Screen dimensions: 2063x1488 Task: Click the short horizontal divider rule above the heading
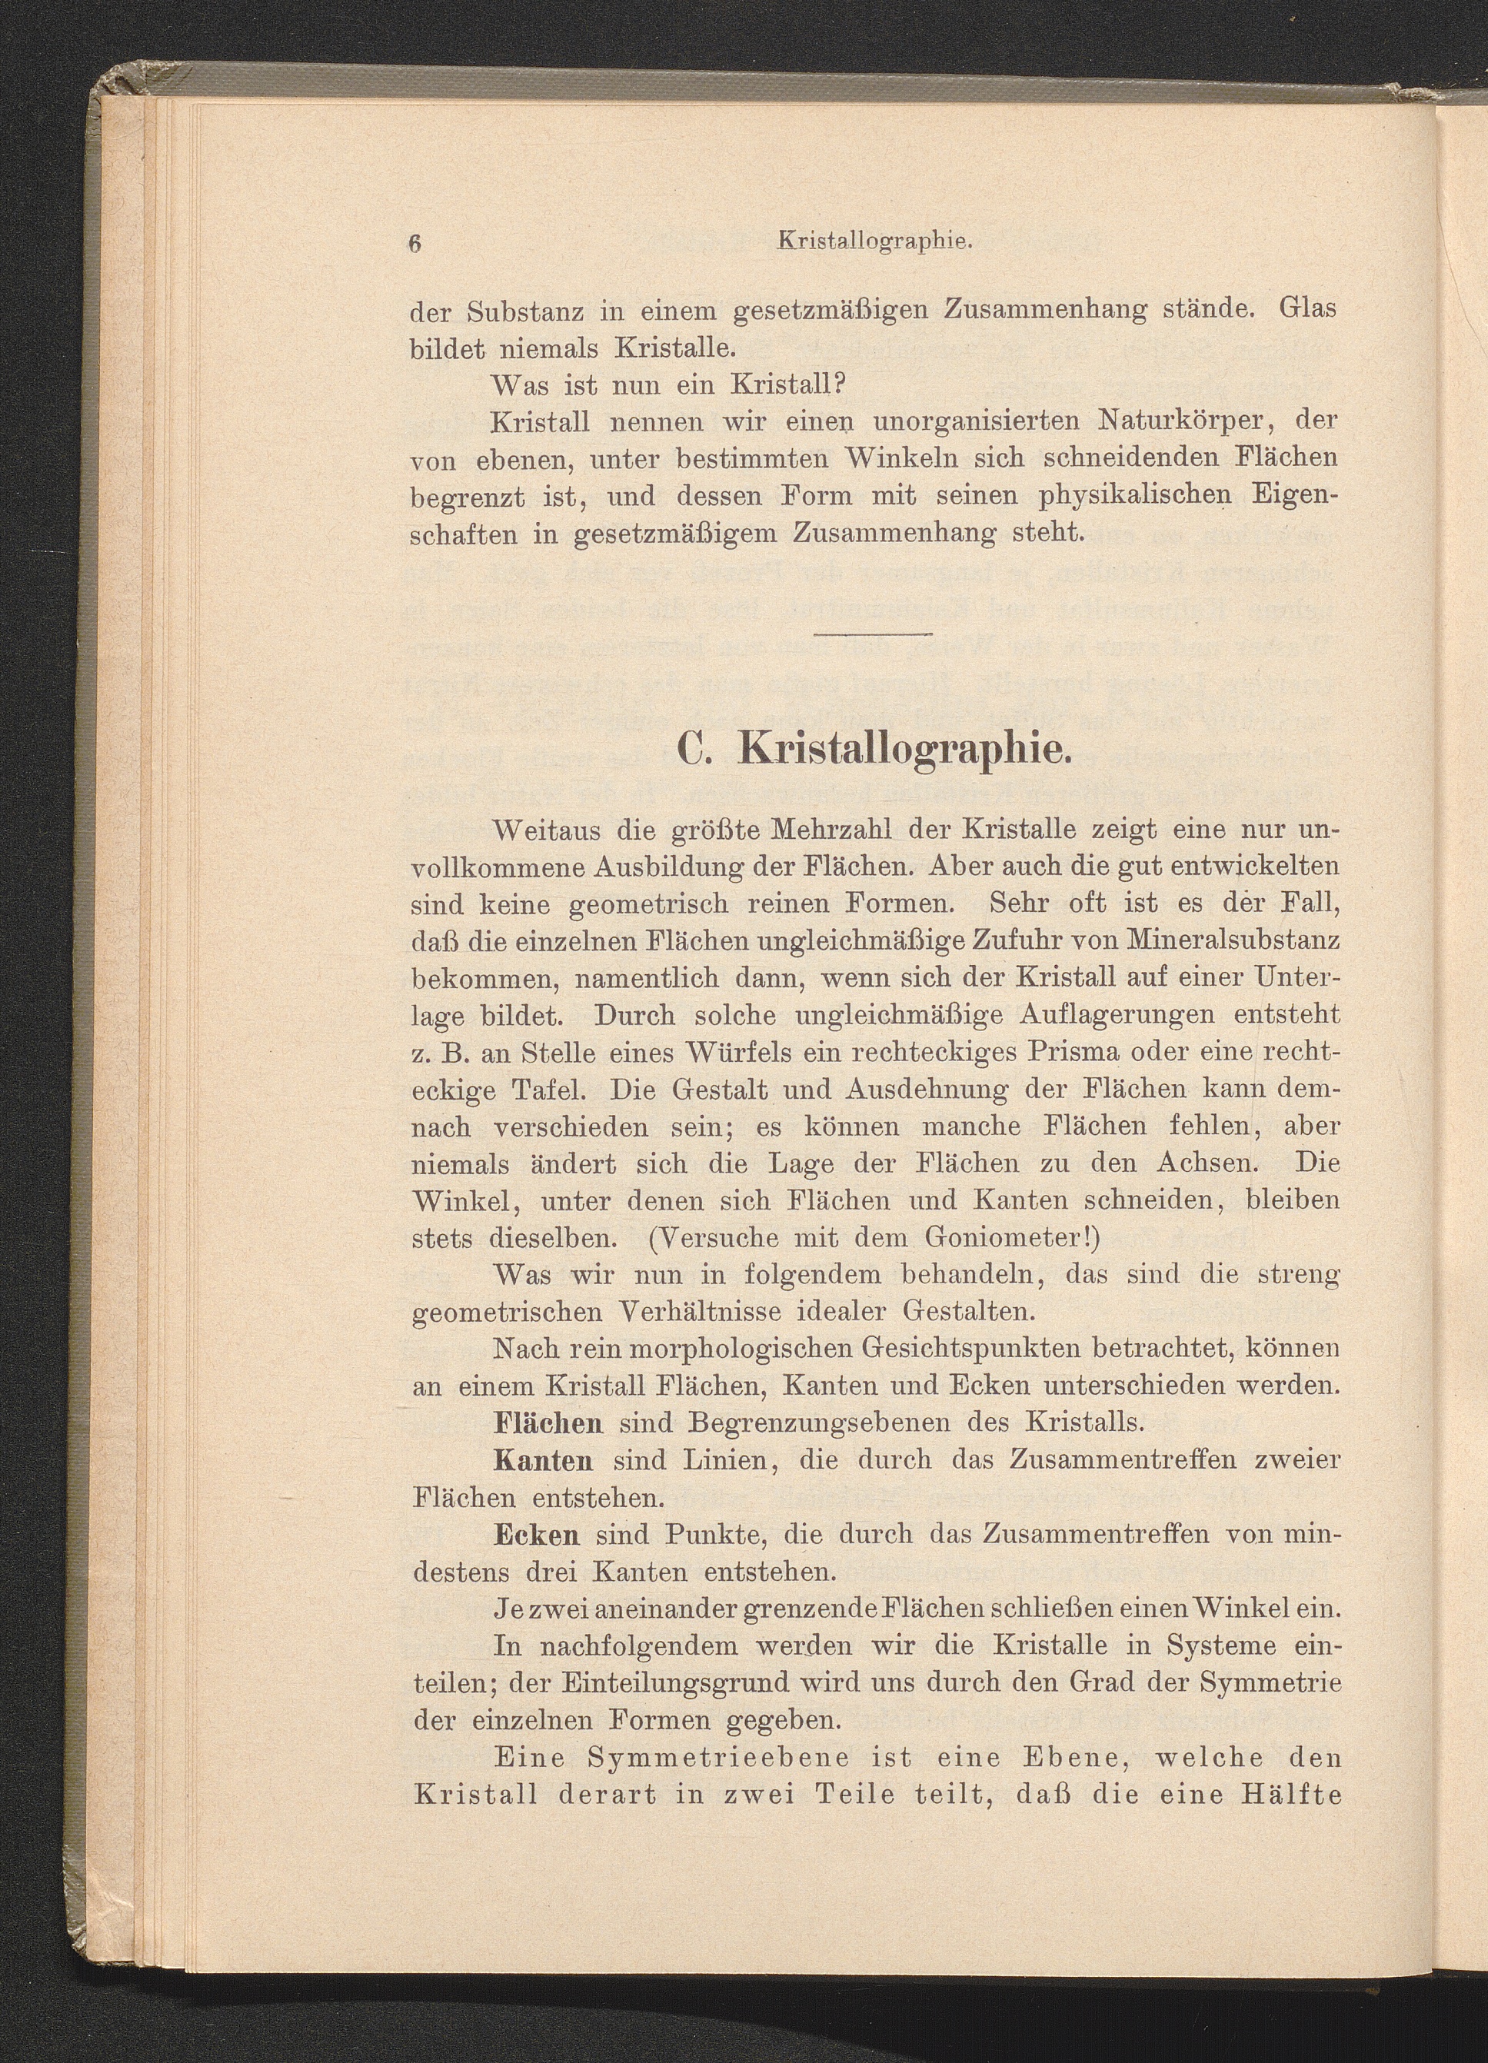coord(873,634)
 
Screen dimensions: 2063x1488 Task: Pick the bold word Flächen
coord(548,1422)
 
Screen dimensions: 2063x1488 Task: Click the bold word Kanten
coord(543,1460)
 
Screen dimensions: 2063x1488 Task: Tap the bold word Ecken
coord(537,1535)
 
